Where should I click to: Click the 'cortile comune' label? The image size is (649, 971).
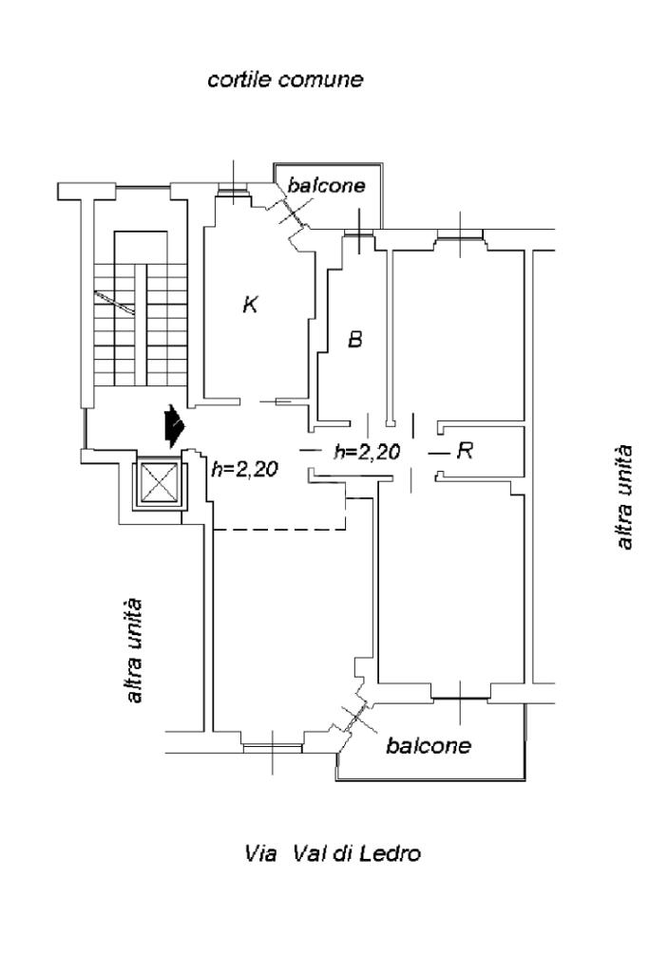pyautogui.click(x=285, y=80)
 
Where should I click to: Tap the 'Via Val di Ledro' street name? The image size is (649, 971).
pyautogui.click(x=333, y=853)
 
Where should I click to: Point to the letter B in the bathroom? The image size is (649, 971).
pyautogui.click(x=354, y=339)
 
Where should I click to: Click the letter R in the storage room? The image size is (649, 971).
pyautogui.click(x=465, y=450)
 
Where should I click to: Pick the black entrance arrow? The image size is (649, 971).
pyautogui.click(x=174, y=426)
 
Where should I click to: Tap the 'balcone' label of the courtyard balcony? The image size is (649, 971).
pyautogui.click(x=327, y=184)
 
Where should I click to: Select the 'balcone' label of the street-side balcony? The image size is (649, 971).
pyautogui.click(x=429, y=745)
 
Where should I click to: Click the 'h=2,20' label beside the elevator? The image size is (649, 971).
pyautogui.click(x=244, y=470)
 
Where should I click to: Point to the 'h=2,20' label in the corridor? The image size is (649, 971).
pyautogui.click(x=367, y=452)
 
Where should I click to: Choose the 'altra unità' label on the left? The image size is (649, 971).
pyautogui.click(x=134, y=650)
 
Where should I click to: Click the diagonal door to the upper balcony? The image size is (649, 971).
pyautogui.click(x=290, y=210)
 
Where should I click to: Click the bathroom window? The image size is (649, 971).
pyautogui.click(x=359, y=233)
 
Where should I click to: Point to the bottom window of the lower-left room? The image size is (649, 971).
pyautogui.click(x=273, y=748)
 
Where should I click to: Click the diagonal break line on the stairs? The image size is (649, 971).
pyautogui.click(x=114, y=303)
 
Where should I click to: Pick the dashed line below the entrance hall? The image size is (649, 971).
pyautogui.click(x=279, y=530)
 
